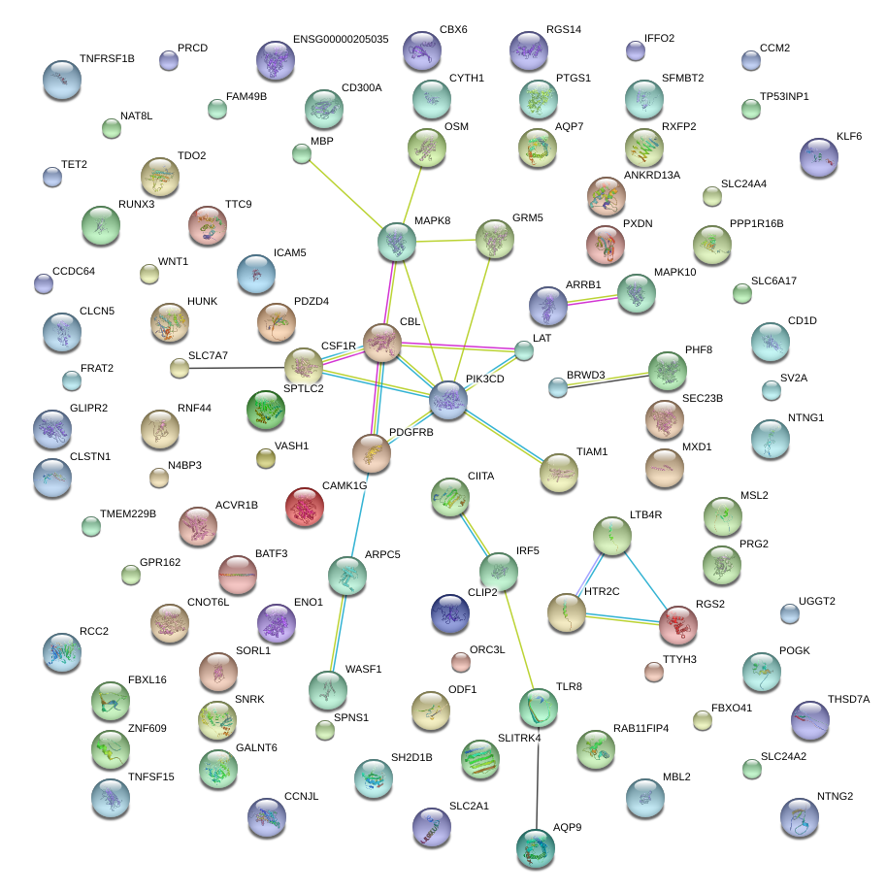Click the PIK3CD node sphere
[448, 399]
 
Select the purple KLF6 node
[819, 156]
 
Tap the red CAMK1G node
[305, 506]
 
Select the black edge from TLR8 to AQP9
[537, 776]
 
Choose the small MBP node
[301, 152]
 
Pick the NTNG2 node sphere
[800, 816]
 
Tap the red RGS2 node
[677, 626]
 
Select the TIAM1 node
[558, 472]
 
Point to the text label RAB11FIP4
[641, 728]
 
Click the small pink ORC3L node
[461, 662]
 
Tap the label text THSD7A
[848, 699]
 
